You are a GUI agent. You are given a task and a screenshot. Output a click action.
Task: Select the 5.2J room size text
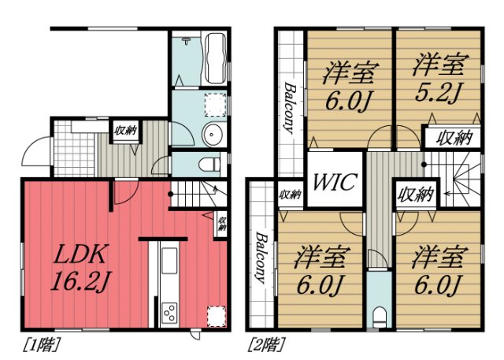[x=432, y=79]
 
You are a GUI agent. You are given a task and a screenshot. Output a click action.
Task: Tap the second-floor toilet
[x=380, y=317]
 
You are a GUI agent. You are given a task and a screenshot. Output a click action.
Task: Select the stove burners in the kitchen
[x=169, y=314]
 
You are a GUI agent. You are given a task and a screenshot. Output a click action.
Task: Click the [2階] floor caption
[x=267, y=344]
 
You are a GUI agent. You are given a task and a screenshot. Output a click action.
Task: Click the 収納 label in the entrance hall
[x=124, y=132]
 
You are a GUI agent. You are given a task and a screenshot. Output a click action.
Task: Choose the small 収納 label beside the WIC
[x=290, y=195]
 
